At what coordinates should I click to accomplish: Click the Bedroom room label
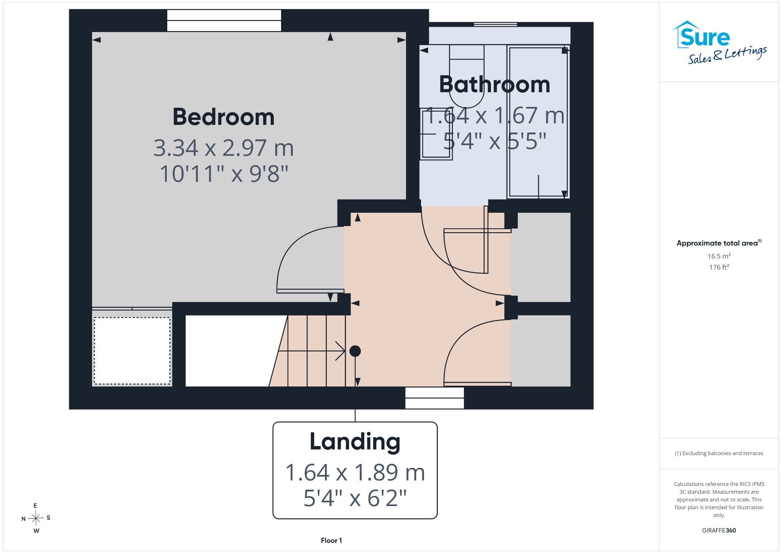[223, 117]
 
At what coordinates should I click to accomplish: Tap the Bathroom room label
[494, 84]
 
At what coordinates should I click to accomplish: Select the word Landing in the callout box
[355, 442]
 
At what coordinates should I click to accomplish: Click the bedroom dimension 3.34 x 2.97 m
[223, 148]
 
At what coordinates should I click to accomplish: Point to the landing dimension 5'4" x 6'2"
[355, 498]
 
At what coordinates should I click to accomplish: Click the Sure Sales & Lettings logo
[719, 42]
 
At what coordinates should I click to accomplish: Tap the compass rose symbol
[36, 518]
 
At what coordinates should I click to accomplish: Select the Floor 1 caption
[331, 540]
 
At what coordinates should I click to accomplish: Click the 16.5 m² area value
[719, 256]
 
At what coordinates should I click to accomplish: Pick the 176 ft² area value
[719, 267]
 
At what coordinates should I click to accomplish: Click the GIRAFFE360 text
[719, 530]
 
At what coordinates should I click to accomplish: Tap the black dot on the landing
[355, 351]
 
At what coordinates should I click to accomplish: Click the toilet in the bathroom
[467, 76]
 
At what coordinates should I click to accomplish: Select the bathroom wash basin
[436, 134]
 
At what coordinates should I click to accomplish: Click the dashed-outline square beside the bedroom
[132, 351]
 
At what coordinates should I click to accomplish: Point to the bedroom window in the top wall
[224, 21]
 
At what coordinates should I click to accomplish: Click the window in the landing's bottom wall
[435, 398]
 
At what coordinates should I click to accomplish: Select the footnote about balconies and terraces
[719, 453]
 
